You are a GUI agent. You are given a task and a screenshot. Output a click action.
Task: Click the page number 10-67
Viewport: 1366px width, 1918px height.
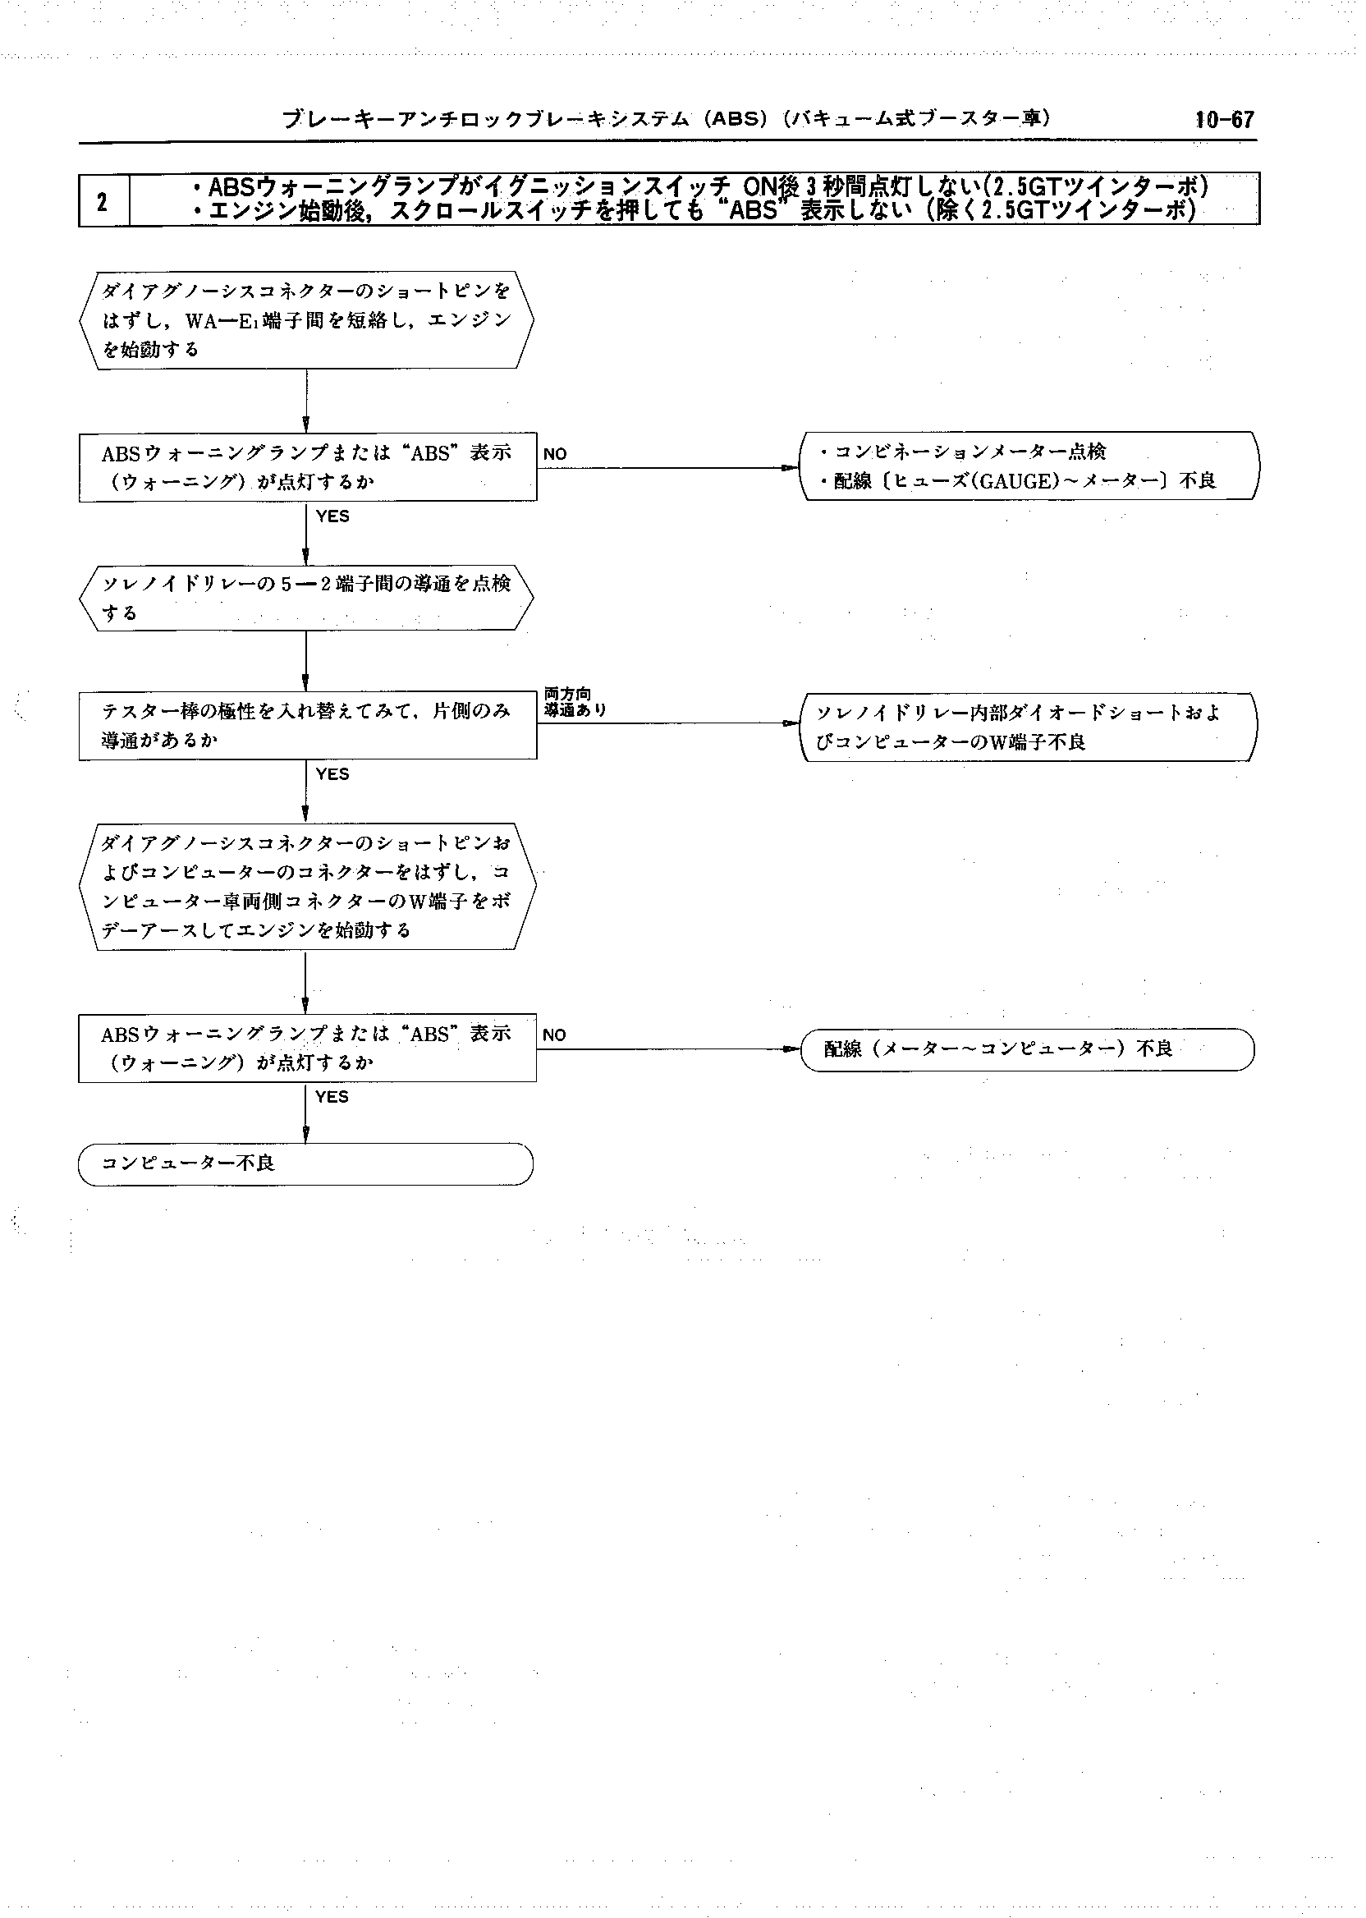coord(1224,119)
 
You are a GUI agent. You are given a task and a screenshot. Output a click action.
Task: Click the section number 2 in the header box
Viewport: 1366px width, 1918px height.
coord(102,202)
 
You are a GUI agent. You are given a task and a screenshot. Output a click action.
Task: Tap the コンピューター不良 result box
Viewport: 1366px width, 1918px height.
coord(305,1164)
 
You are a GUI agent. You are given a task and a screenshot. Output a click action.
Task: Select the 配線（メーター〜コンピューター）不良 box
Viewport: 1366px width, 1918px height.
coord(1027,1049)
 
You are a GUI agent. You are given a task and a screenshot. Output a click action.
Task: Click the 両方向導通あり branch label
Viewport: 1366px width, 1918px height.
coord(574,703)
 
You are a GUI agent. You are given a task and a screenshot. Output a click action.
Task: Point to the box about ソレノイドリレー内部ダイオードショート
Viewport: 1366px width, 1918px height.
coord(1027,727)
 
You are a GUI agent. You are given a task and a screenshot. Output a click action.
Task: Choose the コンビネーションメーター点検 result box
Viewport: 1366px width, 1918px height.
coord(1029,466)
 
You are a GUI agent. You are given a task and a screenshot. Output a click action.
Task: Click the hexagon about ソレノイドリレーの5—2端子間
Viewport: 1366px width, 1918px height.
coord(306,598)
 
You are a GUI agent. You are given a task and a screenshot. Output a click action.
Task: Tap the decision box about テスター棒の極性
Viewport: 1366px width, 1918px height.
coord(307,726)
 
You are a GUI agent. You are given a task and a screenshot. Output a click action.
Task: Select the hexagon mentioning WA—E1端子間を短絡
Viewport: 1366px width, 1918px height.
coord(306,319)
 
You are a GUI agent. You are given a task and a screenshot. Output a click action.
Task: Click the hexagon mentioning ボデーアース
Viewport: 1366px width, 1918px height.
coord(306,887)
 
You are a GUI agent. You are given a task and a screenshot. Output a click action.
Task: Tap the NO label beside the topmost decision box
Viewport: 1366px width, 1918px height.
coord(555,454)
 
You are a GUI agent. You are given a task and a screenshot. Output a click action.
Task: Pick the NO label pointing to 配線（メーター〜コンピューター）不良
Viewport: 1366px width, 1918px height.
coord(554,1035)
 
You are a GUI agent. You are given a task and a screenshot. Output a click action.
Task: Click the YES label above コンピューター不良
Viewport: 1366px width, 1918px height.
coord(332,1097)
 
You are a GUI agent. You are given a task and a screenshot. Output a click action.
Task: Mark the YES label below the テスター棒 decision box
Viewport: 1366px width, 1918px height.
coord(332,774)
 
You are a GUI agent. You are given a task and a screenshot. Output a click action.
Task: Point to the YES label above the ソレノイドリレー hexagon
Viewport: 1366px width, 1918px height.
coord(333,516)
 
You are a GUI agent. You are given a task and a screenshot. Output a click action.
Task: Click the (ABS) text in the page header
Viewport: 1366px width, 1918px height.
coord(738,119)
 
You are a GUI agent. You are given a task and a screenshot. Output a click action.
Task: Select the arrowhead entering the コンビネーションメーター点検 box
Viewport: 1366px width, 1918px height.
coord(791,468)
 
